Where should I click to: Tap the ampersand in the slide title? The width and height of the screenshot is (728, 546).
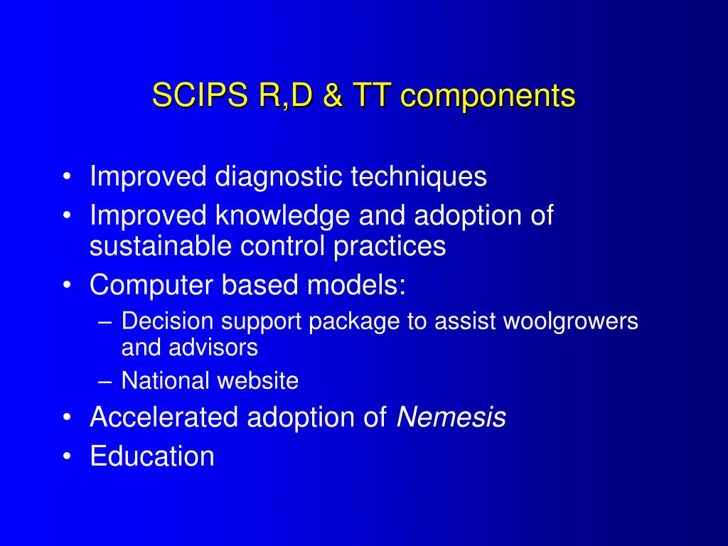tap(332, 95)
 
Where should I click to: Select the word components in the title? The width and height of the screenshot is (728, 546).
tap(488, 97)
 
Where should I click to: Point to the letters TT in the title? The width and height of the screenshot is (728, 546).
tap(370, 95)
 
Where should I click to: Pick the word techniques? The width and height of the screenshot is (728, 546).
tap(419, 177)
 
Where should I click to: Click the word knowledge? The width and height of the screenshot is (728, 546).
tap(282, 216)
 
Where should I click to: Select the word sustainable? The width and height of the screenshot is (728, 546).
tap(160, 245)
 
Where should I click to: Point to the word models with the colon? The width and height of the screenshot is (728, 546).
tap(356, 284)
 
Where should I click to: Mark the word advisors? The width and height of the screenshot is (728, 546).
tap(213, 347)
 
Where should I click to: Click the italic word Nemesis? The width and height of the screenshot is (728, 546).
tap(451, 417)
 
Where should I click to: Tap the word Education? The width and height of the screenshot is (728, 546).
tap(152, 456)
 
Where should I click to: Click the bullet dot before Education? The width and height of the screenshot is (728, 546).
tap(67, 456)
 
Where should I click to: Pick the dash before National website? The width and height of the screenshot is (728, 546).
tap(105, 382)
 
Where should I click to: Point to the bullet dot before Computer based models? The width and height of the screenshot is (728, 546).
tap(67, 285)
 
